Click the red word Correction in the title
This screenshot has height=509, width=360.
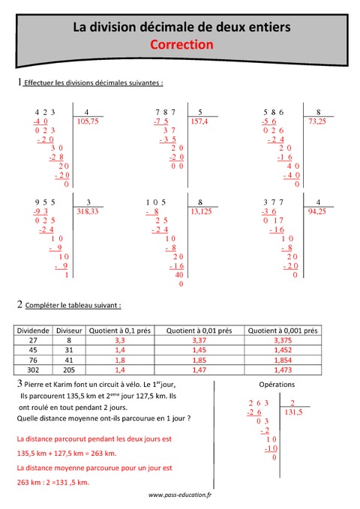point(182,44)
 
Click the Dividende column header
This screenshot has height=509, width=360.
point(31,329)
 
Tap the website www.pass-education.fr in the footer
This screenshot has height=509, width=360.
point(180,496)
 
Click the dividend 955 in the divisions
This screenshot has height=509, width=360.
point(41,202)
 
